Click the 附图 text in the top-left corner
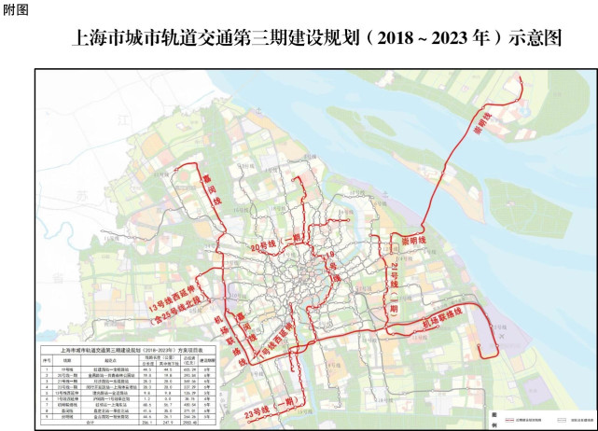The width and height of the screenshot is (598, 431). pos(16,9)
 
